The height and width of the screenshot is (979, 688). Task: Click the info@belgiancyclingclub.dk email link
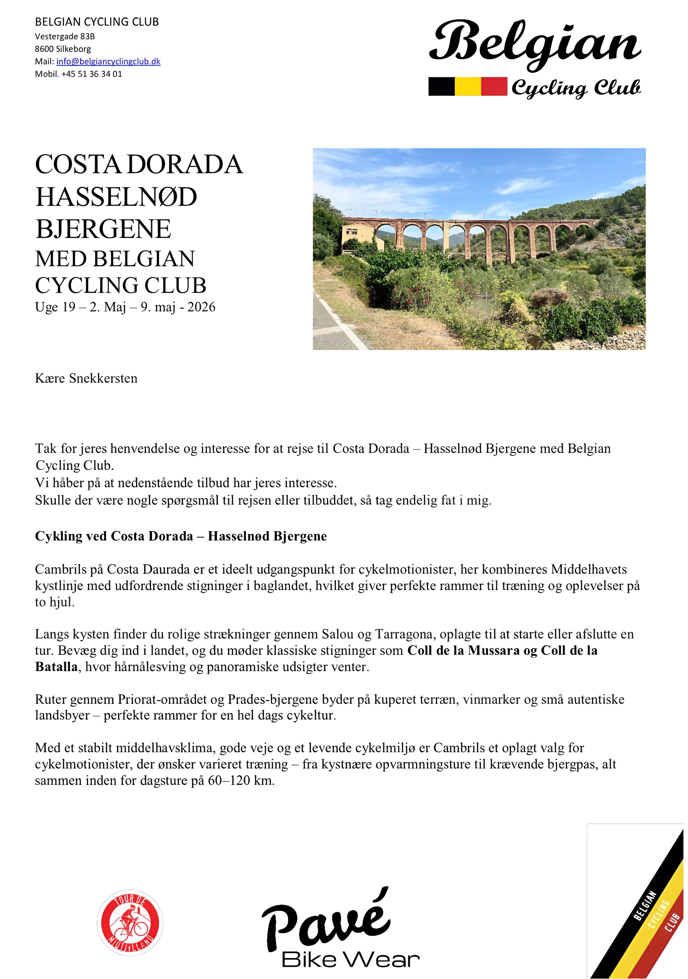pos(108,61)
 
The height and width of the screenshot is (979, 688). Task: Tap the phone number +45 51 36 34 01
pos(92,74)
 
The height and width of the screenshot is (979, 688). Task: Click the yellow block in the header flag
pos(468,86)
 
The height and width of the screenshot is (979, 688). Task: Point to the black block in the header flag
pos(442,86)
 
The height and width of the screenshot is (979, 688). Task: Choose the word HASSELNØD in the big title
pos(116,197)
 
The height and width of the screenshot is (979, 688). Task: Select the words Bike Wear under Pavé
pos(350,959)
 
